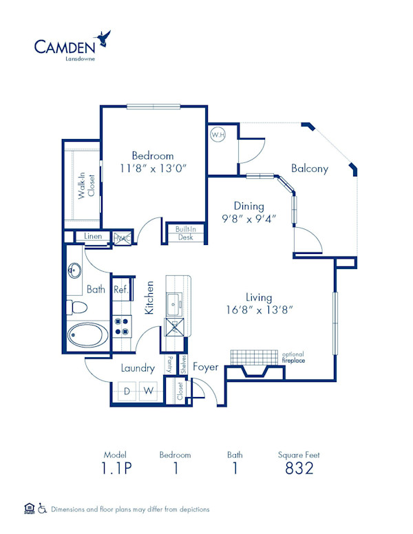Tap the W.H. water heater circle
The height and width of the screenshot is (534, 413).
click(x=218, y=135)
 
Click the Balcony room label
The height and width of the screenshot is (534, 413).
click(x=309, y=169)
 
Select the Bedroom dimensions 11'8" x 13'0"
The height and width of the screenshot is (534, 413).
click(x=153, y=168)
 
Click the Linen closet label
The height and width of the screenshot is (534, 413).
click(x=93, y=237)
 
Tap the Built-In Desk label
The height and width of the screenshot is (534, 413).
click(x=184, y=233)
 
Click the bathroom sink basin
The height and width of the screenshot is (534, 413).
click(x=75, y=270)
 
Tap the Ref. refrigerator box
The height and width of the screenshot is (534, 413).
click(x=120, y=289)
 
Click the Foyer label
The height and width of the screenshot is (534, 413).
click(x=205, y=367)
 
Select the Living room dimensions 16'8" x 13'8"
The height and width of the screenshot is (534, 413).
click(x=259, y=303)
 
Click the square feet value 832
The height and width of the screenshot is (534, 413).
click(x=299, y=469)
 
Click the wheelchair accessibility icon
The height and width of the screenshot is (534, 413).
click(x=42, y=509)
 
